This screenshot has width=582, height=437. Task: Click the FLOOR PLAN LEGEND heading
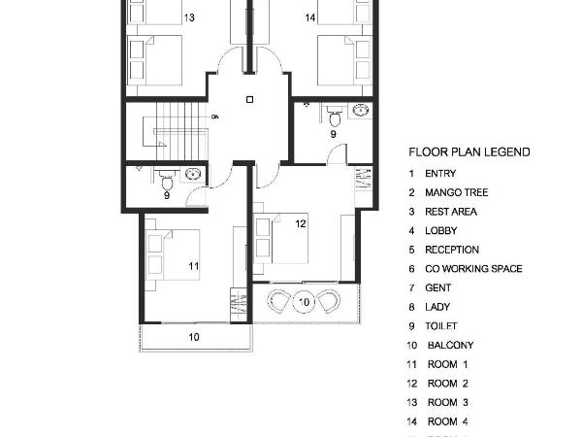click(469, 152)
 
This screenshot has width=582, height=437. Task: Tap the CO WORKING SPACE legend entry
click(472, 269)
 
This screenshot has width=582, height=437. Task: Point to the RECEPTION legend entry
click(451, 250)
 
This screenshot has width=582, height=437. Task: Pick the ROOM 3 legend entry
click(447, 402)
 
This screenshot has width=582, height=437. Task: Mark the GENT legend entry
click(437, 288)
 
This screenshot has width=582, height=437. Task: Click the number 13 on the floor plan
click(188, 17)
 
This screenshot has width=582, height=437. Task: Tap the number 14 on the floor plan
click(309, 17)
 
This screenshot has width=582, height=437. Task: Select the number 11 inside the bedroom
click(193, 264)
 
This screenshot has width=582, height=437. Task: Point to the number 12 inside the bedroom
click(301, 224)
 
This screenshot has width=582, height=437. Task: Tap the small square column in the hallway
click(249, 99)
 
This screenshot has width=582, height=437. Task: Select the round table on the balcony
click(305, 302)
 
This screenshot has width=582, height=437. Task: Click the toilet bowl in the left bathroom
click(166, 181)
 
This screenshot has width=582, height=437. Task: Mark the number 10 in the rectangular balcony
click(194, 337)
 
